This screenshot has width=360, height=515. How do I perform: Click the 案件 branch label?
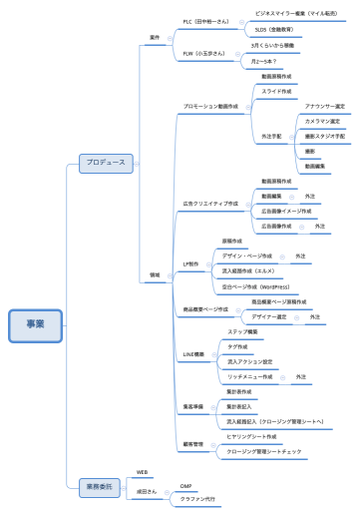pyautogui.click(x=155, y=37)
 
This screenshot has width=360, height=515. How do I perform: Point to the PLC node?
pyautogui.click(x=205, y=21)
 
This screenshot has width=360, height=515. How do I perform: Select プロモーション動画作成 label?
pyautogui.click(x=208, y=105)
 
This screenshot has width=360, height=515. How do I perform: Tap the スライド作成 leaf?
pyautogui.click(x=277, y=90)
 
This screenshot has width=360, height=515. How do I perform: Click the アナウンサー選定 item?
pyautogui.click(x=324, y=105)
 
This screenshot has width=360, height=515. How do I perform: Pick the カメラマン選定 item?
pyautogui.click(x=324, y=120)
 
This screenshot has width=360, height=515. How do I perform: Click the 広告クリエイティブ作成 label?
pyautogui.click(x=210, y=204)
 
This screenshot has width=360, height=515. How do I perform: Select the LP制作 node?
pyautogui.click(x=192, y=263)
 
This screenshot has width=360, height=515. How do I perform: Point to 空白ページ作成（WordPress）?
pyautogui.click(x=268, y=286)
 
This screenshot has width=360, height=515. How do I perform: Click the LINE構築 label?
pyautogui.click(x=193, y=353)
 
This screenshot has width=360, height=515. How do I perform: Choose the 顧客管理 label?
pyautogui.click(x=193, y=443)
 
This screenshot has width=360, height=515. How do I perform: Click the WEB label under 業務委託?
pyautogui.click(x=142, y=470)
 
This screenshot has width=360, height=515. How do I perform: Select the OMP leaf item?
pyautogui.click(x=185, y=485)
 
